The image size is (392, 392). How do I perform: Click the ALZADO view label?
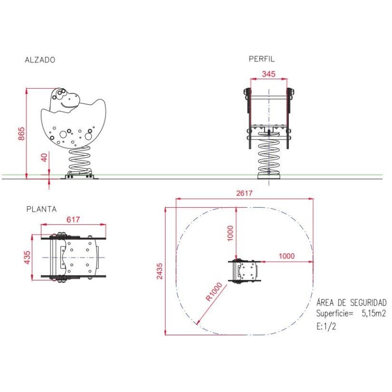(x=40, y=60)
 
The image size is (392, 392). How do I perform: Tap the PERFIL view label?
(x=262, y=59)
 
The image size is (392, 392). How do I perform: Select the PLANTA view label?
(x=42, y=209)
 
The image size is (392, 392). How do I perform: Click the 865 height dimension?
(x=22, y=133)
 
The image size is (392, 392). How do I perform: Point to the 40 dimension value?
(x=44, y=157)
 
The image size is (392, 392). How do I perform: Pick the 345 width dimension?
(x=269, y=74)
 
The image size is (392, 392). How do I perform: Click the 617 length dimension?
(x=73, y=220)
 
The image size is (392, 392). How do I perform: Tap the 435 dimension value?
(x=27, y=257)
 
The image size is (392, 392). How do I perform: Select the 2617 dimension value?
(x=244, y=193)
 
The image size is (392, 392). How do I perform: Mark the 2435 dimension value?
(x=159, y=271)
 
